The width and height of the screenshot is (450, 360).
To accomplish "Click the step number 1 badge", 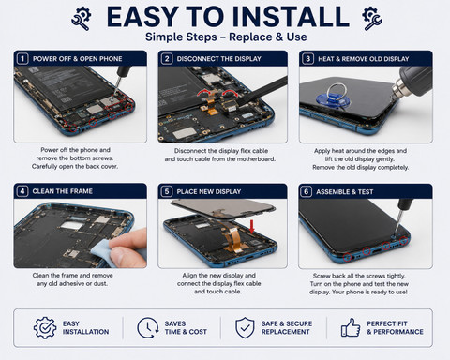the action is (22, 59).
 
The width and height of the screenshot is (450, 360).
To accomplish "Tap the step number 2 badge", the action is (167, 59).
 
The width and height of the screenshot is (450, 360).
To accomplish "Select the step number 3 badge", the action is (308, 59).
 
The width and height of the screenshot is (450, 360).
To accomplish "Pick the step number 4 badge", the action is (22, 191).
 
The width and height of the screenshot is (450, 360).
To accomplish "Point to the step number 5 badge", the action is (167, 191).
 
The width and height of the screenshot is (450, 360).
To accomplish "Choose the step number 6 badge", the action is (307, 191).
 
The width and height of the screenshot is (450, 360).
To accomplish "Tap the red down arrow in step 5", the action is (252, 227).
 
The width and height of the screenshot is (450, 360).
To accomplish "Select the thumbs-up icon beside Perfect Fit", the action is (351, 327).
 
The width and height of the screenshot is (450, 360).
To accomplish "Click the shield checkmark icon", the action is (245, 327).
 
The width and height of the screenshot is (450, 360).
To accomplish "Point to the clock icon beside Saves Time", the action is (147, 327).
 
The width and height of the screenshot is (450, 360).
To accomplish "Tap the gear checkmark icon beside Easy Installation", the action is (45, 327).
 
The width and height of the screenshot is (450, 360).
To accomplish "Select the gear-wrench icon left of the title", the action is (82, 18).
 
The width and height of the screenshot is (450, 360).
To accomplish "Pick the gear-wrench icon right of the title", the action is (371, 18).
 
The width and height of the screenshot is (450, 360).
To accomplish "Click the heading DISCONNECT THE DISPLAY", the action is (219, 59).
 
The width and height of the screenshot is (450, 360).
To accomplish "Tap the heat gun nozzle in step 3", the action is (398, 88).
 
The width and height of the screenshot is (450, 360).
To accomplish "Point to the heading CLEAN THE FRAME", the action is (63, 191).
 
